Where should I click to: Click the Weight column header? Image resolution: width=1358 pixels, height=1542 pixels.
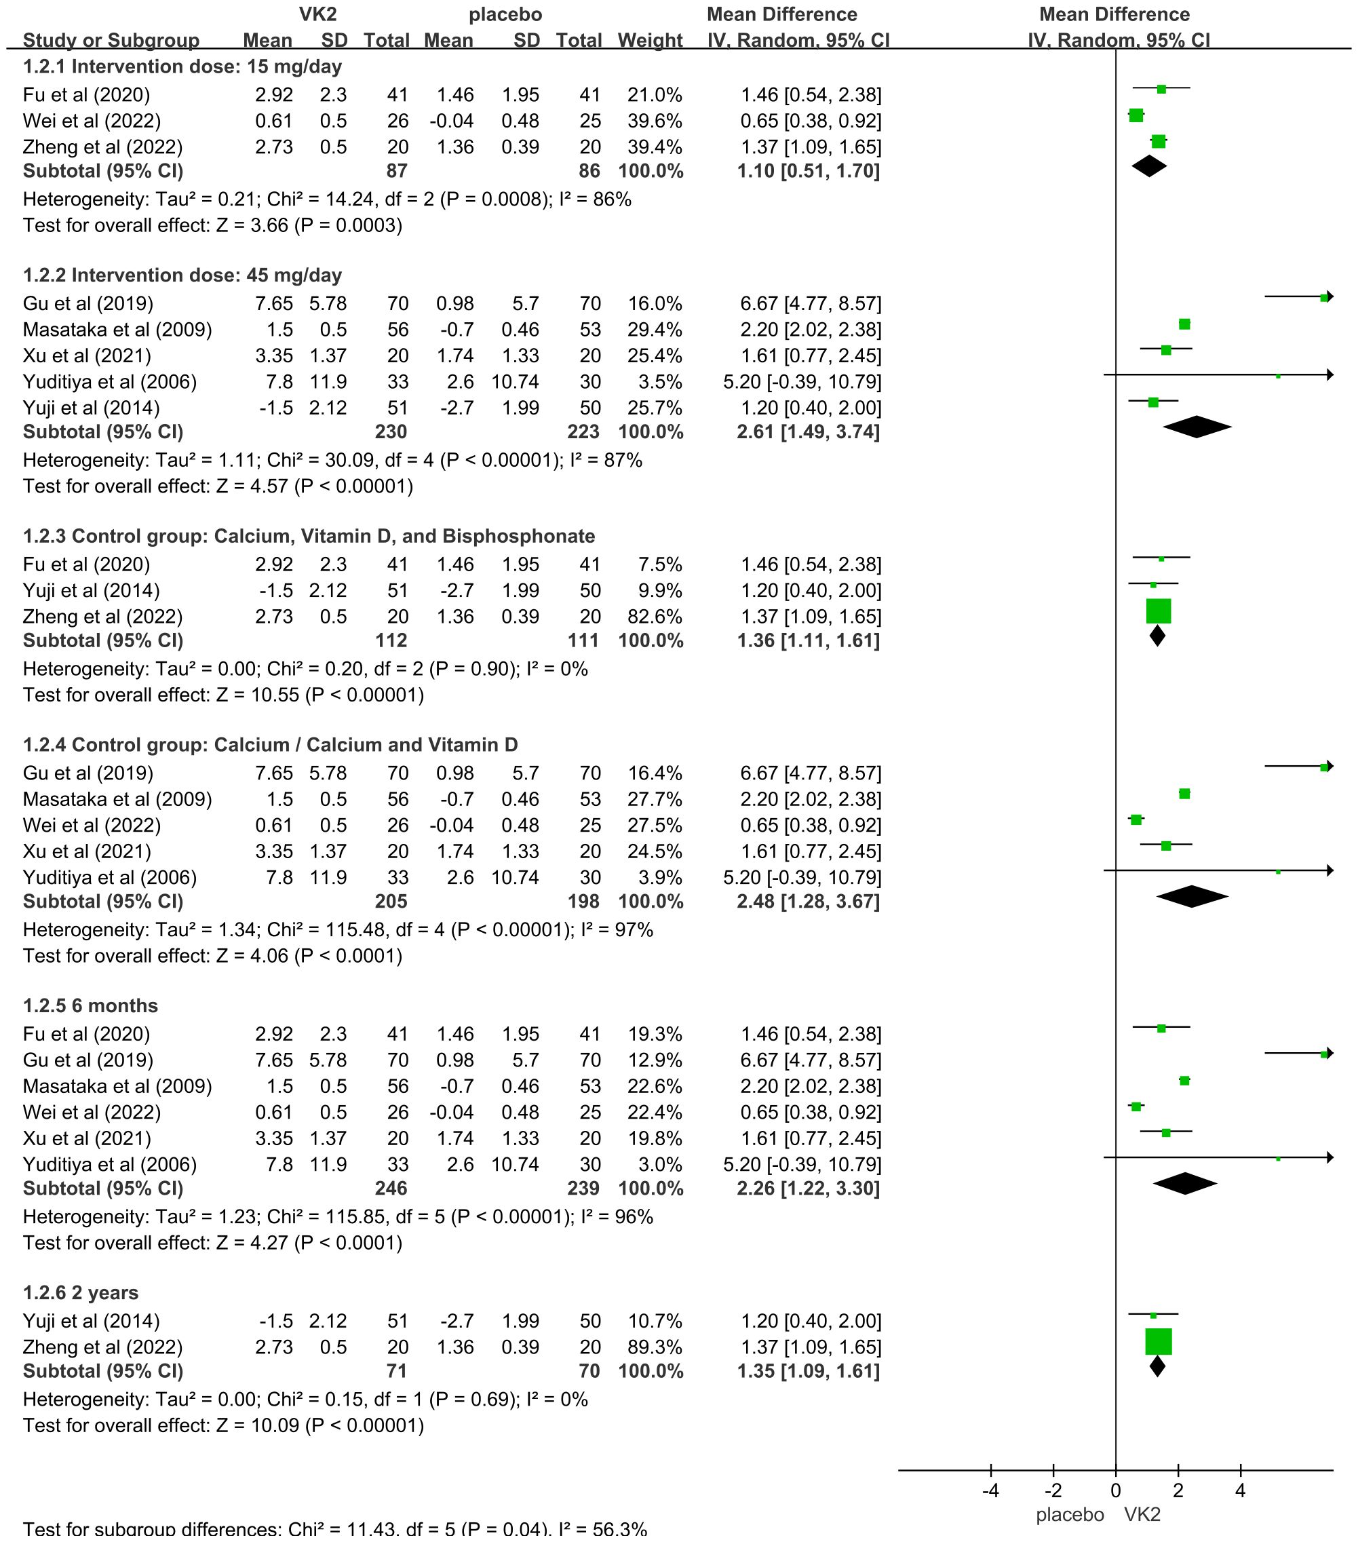pos(650,40)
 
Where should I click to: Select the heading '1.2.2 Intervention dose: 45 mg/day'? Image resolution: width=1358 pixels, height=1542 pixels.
pos(182,275)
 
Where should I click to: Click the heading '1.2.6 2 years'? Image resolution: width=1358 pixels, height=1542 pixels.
pos(81,1293)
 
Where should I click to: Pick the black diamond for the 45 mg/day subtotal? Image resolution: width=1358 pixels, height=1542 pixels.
pos(1197,427)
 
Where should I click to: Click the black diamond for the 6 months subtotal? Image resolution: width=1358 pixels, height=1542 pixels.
pos(1184,1184)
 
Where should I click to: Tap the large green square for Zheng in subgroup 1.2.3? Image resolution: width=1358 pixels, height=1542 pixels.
pos(1158,611)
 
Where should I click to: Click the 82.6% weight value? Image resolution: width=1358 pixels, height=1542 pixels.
pos(655,617)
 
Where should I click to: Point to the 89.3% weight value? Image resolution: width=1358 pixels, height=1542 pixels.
pos(655,1347)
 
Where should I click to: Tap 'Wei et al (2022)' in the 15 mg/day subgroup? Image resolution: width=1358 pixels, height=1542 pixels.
pos(92,121)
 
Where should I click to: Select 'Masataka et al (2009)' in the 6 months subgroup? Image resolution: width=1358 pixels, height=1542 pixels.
pos(117,1086)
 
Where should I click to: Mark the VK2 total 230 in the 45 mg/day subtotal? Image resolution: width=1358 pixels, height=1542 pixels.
pos(391,432)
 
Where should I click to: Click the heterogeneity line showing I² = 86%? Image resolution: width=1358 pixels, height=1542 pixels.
pos(327,199)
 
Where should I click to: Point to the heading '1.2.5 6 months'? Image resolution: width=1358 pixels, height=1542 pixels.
pos(90,1005)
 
